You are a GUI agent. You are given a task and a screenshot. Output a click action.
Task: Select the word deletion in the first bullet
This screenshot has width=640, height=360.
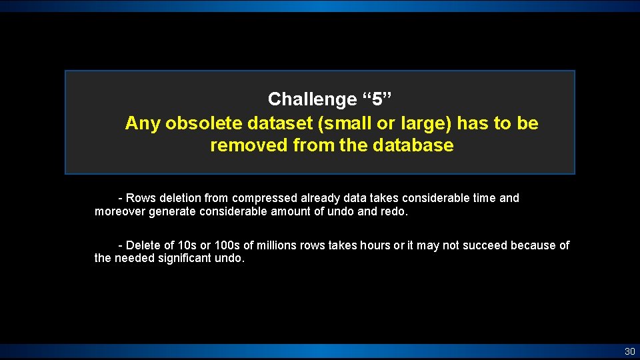pos(179,198)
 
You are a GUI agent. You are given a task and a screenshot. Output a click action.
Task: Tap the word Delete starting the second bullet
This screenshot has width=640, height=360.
pos(142,245)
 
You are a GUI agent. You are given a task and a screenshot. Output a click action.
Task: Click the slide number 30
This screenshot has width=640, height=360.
pos(629,351)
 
